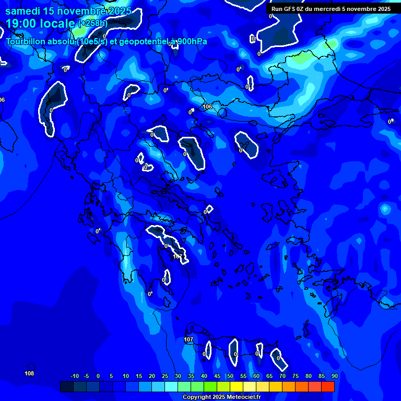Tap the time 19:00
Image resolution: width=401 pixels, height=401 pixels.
click(23, 23)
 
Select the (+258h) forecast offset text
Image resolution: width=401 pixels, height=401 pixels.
click(93, 23)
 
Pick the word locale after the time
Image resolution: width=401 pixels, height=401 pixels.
click(58, 23)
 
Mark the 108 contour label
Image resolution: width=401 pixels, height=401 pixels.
click(29, 373)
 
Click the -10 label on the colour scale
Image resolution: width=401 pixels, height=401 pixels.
click(74, 376)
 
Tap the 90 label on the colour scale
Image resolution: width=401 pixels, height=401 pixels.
click(334, 376)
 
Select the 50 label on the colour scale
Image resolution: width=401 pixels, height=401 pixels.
click(230, 376)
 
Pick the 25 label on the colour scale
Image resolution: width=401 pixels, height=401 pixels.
click(164, 376)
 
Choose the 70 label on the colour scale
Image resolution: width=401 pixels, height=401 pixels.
click(282, 376)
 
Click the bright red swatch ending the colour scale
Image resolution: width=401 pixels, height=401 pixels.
click(327, 387)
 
